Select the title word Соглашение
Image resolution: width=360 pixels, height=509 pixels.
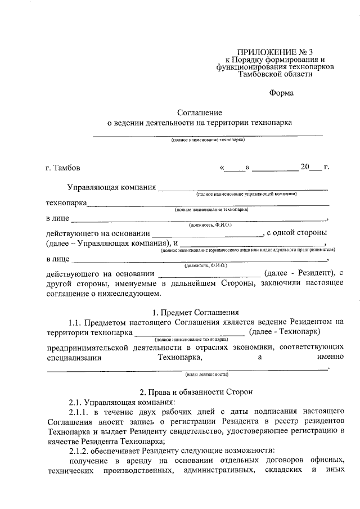(199, 112)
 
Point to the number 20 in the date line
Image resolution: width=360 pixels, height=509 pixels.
(305, 167)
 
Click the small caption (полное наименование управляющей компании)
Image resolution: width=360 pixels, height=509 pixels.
(246, 194)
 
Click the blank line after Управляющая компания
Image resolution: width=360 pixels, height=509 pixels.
(243, 187)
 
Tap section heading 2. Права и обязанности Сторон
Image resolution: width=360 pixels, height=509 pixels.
(199, 391)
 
